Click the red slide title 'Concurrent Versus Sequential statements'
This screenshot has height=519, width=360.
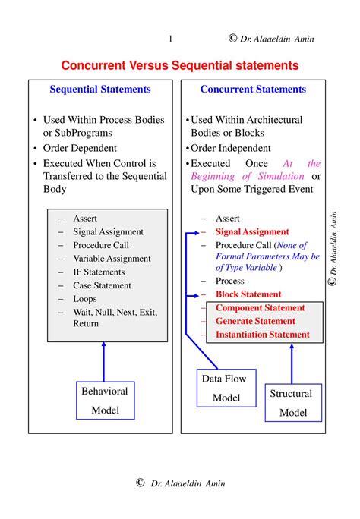click(x=180, y=66)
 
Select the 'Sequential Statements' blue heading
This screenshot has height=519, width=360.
click(x=100, y=90)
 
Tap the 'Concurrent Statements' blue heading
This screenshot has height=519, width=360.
click(x=253, y=90)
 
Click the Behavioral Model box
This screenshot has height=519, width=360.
click(x=105, y=401)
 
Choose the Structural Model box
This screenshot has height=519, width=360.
click(x=293, y=402)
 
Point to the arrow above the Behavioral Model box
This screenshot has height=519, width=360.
click(x=105, y=361)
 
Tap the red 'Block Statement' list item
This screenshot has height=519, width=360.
click(x=248, y=294)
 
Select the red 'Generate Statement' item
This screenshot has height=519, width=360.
click(x=255, y=321)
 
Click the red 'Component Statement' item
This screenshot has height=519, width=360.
click(x=260, y=308)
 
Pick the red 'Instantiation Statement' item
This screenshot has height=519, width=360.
click(x=263, y=335)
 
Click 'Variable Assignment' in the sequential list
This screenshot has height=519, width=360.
click(x=112, y=259)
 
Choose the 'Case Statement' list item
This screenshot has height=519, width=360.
click(x=102, y=286)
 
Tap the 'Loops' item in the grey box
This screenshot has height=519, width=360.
click(x=86, y=299)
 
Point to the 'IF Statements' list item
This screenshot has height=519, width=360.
click(x=99, y=272)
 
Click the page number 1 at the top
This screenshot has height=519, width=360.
click(x=170, y=39)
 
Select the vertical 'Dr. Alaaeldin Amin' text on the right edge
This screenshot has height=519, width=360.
click(x=332, y=247)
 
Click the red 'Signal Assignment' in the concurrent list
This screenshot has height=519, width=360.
click(x=252, y=232)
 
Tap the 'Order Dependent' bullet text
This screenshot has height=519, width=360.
click(x=80, y=149)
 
